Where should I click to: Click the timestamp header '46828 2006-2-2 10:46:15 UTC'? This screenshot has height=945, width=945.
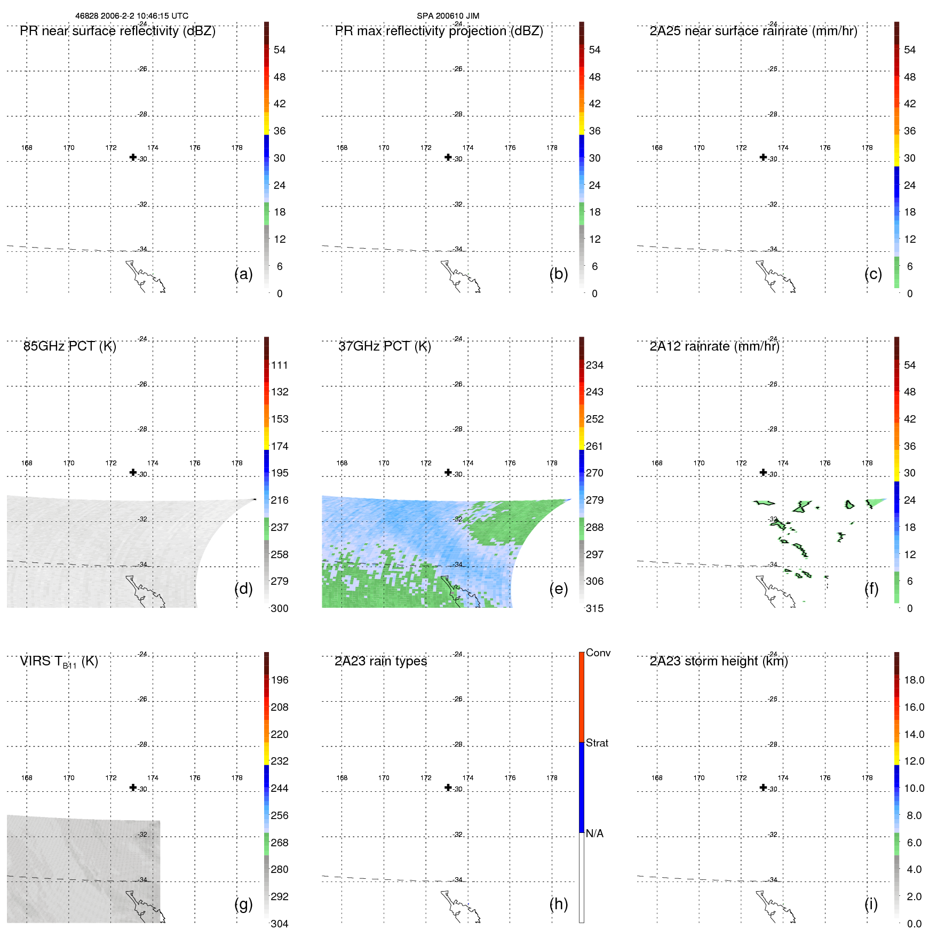pos(131,16)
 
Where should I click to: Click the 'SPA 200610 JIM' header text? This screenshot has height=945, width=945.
pos(448,16)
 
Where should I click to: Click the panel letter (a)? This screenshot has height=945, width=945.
pos(243,274)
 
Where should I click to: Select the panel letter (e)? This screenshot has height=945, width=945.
pos(558,589)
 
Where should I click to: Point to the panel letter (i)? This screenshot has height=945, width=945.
pos(871,904)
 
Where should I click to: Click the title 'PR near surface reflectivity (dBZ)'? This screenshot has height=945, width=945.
pos(117,31)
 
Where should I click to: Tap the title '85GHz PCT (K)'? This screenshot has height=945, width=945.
pos(69,346)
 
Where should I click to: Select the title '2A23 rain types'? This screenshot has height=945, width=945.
pos(380,661)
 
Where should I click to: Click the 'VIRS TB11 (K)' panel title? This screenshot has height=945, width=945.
pos(59,662)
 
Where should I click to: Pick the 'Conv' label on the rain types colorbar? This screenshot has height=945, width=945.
pos(598,653)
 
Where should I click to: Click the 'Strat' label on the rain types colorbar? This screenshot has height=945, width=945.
pos(597,743)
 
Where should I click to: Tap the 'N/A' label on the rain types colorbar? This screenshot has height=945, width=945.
pos(594,833)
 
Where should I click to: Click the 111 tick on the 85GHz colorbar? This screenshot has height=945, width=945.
pos(279,366)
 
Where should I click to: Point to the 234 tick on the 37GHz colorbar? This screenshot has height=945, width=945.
pos(594,366)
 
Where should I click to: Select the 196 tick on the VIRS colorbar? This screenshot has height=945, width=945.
pos(279,680)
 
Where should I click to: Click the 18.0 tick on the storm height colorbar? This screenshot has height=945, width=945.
pos(914,680)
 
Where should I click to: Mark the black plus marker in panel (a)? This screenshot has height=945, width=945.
pos(133,157)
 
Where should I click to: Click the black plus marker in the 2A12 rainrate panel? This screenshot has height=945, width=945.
pos(763,472)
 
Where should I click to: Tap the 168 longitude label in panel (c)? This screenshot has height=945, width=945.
pos(657,148)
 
